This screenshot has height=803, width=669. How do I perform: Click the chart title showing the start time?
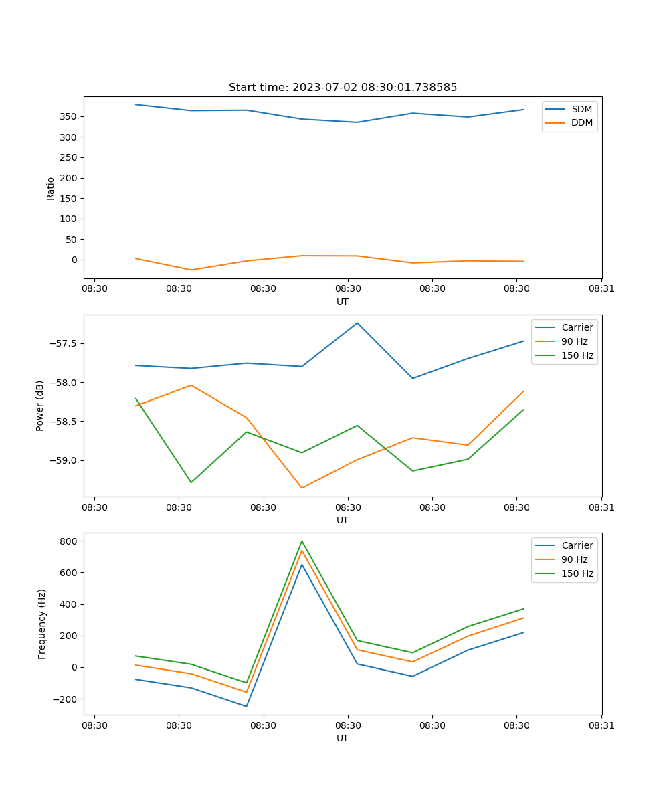[343, 88]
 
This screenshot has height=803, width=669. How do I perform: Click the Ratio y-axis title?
[51, 188]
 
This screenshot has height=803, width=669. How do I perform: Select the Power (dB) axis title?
[40, 406]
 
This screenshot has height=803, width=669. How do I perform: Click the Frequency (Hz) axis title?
[42, 624]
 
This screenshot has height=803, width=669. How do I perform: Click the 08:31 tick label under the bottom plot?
[601, 725]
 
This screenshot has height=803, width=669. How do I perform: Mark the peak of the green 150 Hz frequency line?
[302, 541]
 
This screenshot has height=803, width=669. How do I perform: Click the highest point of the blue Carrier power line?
[357, 323]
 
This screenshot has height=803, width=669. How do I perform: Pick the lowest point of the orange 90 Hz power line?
[302, 488]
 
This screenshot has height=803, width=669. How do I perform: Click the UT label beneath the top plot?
[343, 302]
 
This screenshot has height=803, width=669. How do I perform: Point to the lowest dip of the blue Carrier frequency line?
[246, 706]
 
